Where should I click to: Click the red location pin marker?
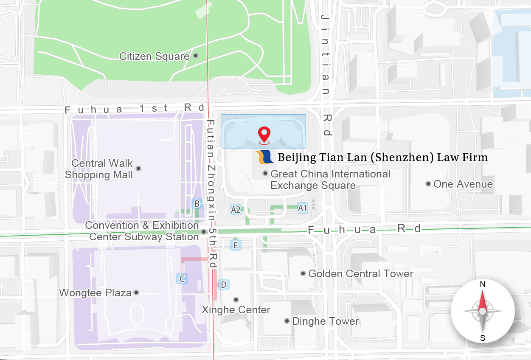pos(264,135)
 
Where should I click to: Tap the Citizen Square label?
pos(155,56)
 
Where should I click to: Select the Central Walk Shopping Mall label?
pos(99,169)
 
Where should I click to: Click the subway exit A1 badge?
pos(302,208)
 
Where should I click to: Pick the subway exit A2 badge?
pos(236,209)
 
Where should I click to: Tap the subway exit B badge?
pos(197,204)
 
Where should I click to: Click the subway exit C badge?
pos(182,279)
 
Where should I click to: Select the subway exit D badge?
pos(224,284)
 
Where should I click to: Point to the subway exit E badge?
pos(236,245)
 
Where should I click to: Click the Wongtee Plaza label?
pos(96,292)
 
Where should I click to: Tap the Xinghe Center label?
pos(236,309)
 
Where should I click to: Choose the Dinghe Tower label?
pos(326,321)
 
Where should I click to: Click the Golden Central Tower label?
pos(361,274)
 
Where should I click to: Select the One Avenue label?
pos(463,184)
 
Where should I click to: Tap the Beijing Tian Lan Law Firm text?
pos(382,157)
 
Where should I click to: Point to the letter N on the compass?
pos(483,284)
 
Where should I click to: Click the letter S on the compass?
pos(483,338)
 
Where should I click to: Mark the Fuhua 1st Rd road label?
pos(135,109)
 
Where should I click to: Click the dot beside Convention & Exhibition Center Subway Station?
pos(204,231)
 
